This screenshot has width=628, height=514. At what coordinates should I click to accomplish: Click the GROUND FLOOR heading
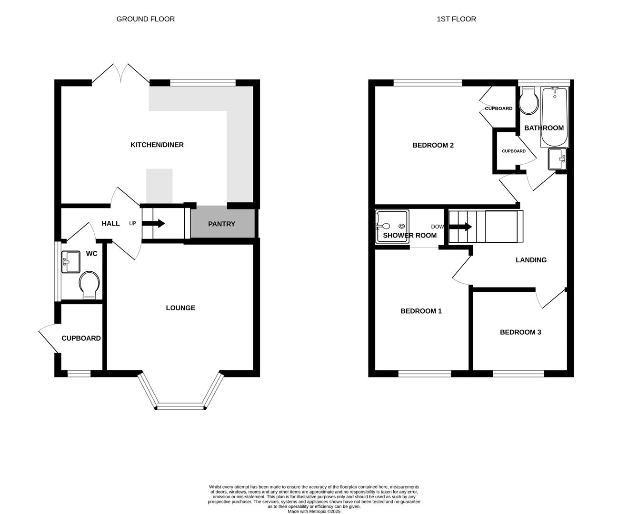click(145, 19)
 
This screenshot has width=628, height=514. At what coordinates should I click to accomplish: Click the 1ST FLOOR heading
click(456, 19)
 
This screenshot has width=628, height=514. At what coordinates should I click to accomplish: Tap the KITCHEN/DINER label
click(157, 145)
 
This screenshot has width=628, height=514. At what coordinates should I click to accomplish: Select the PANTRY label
click(221, 224)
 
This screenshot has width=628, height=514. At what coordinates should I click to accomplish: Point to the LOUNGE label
click(180, 308)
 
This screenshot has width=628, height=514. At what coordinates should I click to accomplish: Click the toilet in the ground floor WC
click(89, 285)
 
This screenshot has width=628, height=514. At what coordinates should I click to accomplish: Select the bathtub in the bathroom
click(554, 117)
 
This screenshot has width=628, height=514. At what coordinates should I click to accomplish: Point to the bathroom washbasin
click(557, 159)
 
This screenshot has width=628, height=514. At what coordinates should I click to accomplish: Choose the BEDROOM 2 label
click(433, 145)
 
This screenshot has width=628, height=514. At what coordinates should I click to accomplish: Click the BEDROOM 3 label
click(520, 332)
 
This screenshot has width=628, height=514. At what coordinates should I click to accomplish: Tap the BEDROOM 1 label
click(421, 311)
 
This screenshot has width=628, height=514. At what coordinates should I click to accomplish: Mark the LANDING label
click(531, 260)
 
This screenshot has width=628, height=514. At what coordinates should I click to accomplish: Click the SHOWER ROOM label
click(409, 235)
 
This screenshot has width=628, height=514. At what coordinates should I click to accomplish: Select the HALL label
click(110, 223)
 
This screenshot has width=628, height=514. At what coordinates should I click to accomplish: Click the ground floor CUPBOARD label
click(81, 338)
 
